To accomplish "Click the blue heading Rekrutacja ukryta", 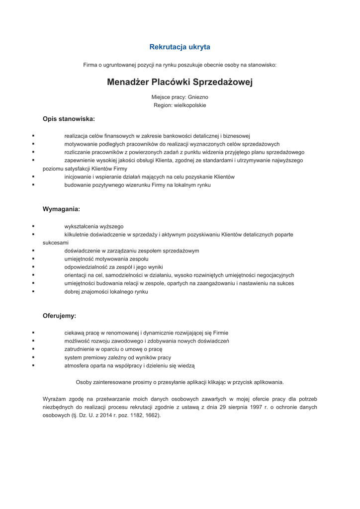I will [x=180, y=47].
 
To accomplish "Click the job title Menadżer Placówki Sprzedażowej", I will [x=180, y=82].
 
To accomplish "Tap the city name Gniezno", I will [x=198, y=97].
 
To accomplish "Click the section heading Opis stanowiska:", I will [x=69, y=119].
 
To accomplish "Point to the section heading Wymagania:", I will [x=61, y=209].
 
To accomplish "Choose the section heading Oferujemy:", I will [x=59, y=316].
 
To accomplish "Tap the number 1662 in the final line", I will [x=152, y=415].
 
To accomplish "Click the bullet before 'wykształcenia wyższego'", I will [x=33, y=226].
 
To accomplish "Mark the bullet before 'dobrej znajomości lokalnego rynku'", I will [x=33, y=292].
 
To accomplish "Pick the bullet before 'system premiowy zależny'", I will [x=33, y=357].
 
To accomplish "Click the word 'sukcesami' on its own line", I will [x=56, y=243].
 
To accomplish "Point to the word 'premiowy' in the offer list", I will [x=93, y=357].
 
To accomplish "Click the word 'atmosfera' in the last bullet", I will [x=76, y=366].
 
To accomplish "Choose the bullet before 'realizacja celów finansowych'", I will [x=33, y=136].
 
